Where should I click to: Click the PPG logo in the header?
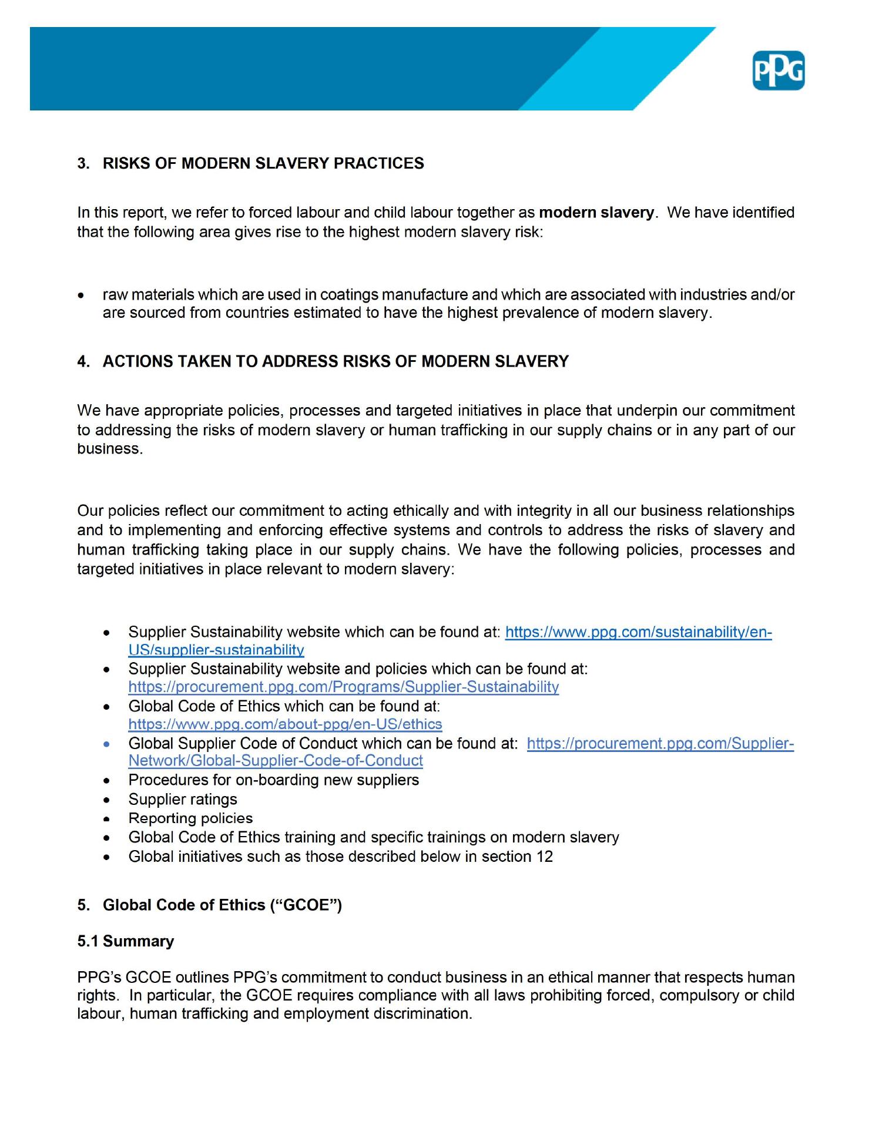tap(778, 70)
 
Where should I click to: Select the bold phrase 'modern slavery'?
tap(596, 213)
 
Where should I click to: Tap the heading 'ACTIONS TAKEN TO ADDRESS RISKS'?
tap(336, 361)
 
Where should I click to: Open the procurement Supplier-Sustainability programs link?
tap(343, 687)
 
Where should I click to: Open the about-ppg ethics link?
tap(285, 724)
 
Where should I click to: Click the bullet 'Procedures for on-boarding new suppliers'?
tap(273, 780)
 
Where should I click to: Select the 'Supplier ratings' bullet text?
tap(183, 800)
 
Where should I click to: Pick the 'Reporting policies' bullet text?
tap(190, 818)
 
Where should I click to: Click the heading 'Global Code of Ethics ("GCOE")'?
tap(222, 905)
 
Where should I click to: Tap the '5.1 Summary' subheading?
tap(125, 941)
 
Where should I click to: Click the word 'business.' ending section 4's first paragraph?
tap(110, 449)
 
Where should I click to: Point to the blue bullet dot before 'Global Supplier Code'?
tap(106, 744)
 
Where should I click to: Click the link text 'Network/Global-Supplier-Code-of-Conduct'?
tap(276, 761)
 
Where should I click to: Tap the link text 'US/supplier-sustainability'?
tap(216, 650)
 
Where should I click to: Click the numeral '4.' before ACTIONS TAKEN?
tap(83, 361)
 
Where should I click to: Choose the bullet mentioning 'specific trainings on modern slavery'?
tap(373, 837)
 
